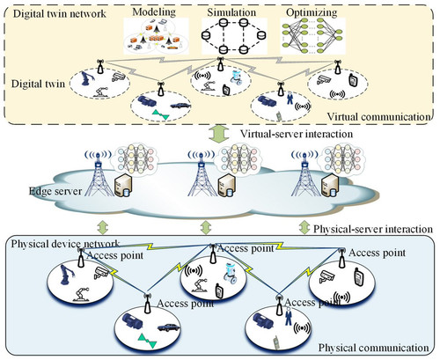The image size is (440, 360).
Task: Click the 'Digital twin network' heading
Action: point(59,13)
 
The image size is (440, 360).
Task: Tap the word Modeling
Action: point(154,12)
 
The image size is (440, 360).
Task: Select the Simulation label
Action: point(231,12)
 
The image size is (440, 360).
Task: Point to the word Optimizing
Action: point(312,12)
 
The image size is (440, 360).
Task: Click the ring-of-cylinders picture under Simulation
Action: point(233,36)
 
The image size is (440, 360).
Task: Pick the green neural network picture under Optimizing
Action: point(312,36)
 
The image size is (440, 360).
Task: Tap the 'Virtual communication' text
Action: point(378,117)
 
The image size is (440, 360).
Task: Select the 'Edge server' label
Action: point(55,191)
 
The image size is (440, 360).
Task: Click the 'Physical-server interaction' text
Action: point(373,229)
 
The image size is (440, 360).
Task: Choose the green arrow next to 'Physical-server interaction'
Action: point(304,228)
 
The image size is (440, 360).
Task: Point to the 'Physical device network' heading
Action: point(65,244)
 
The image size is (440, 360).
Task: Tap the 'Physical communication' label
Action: point(373,348)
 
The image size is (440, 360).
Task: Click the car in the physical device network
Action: point(168,327)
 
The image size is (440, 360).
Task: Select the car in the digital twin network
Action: point(180,106)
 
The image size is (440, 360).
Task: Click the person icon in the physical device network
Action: point(289,316)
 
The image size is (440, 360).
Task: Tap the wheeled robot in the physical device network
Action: point(231,274)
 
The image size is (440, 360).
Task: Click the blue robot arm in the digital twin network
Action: point(87,78)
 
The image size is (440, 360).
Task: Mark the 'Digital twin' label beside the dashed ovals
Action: point(38,84)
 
